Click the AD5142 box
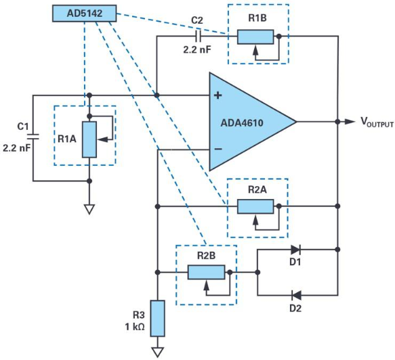[85, 14]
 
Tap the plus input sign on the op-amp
[217, 95]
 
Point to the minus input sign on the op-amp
[218, 149]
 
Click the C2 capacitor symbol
[198, 37]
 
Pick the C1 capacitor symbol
[33, 137]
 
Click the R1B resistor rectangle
[255, 37]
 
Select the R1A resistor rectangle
[89, 139]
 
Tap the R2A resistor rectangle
[255, 206]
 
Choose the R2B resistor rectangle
[207, 272]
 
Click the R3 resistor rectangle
[158, 318]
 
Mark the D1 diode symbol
[295, 250]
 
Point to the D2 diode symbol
[296, 295]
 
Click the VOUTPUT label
[377, 122]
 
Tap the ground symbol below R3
[158, 352]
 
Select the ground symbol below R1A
[89, 209]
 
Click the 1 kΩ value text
[135, 327]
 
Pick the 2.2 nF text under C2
[197, 50]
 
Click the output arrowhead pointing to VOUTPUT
[350, 122]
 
